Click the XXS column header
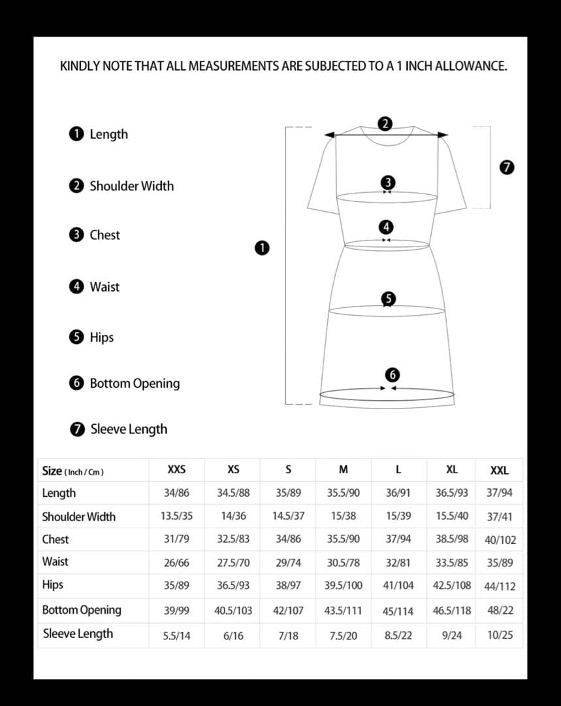click(x=176, y=469)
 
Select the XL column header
click(x=452, y=469)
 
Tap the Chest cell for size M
click(x=344, y=539)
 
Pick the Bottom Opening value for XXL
click(x=500, y=611)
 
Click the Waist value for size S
click(x=288, y=562)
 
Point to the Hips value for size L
click(x=398, y=585)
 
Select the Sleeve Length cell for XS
click(x=233, y=635)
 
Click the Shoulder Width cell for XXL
click(x=500, y=516)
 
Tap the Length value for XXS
click(x=176, y=493)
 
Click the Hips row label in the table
click(x=53, y=584)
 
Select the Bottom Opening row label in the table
click(x=82, y=610)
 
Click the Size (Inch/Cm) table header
click(x=72, y=471)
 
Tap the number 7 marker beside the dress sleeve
click(x=505, y=167)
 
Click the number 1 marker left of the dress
click(x=262, y=248)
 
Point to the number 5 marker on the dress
click(x=389, y=299)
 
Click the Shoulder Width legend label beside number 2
click(x=131, y=186)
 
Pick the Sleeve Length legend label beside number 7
click(x=129, y=429)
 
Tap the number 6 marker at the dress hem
click(x=392, y=375)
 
